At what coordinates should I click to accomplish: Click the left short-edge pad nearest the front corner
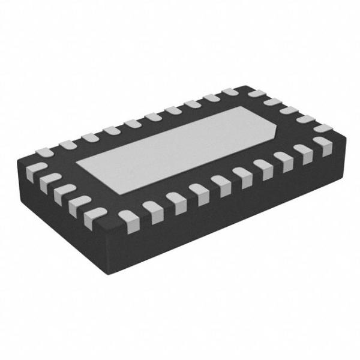(x=95, y=214)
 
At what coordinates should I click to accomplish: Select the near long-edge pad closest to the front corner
(x=128, y=217)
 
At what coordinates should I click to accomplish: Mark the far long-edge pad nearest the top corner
(x=230, y=94)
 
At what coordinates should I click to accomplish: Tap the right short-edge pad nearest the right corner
(x=324, y=129)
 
